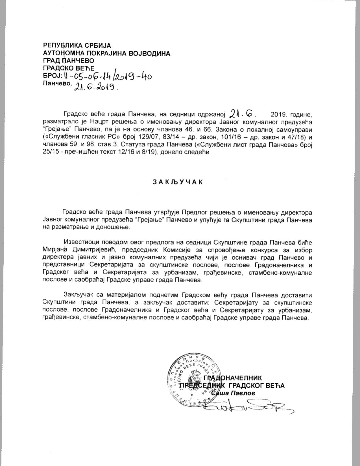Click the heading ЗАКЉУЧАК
coord(178,182)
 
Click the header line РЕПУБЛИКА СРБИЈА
coord(77,45)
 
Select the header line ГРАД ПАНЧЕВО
coord(69,60)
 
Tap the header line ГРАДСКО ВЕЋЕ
coord(69,68)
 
